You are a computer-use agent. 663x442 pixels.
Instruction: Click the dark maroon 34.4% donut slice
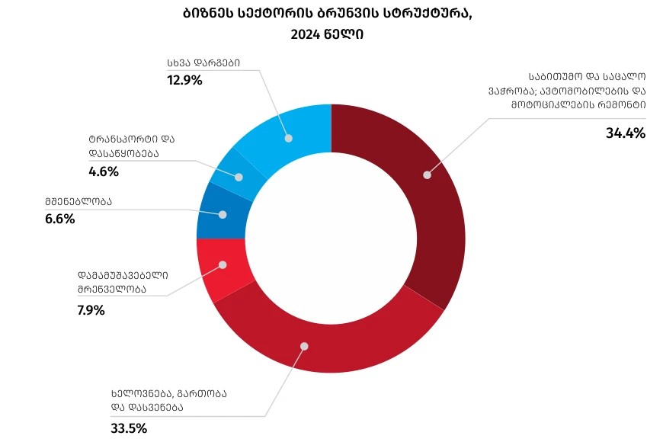(434, 198)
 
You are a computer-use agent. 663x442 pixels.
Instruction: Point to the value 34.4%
(625, 133)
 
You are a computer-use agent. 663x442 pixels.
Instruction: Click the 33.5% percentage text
(129, 428)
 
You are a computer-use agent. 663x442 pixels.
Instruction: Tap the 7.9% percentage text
(91, 310)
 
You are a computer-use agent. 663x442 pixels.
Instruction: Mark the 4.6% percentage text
(104, 171)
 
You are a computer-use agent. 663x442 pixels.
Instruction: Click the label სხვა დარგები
(203, 64)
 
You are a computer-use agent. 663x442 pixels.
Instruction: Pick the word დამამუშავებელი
(122, 275)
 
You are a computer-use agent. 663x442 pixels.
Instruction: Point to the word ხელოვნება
(141, 394)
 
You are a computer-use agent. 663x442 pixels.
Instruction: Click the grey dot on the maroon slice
(427, 175)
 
